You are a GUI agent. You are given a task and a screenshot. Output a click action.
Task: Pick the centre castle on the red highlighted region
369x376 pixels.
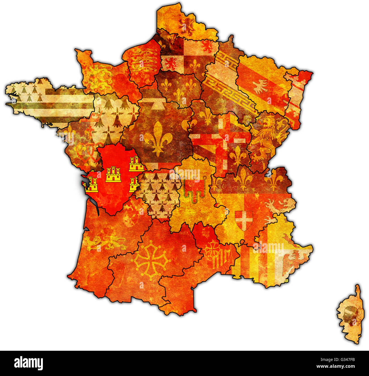(113, 175)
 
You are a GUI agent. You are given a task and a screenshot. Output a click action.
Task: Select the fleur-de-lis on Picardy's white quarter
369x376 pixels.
(195, 65)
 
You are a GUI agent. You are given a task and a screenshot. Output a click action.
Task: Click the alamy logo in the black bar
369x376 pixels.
(28, 364)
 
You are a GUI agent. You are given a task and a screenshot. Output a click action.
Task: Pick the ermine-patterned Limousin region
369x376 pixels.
(159, 193)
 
